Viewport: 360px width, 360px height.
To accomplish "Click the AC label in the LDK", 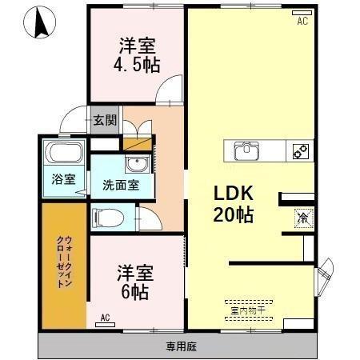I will click(x=302, y=22).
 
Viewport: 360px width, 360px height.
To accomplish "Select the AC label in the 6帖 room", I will click(x=105, y=318).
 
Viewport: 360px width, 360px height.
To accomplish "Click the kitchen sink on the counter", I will click(x=247, y=150).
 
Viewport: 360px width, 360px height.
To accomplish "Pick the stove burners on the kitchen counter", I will click(x=301, y=150).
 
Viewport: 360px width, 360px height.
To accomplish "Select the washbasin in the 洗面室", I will click(x=137, y=165).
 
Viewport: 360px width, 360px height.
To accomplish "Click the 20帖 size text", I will click(x=233, y=214).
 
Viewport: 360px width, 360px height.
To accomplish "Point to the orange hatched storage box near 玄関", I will click(x=136, y=144).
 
